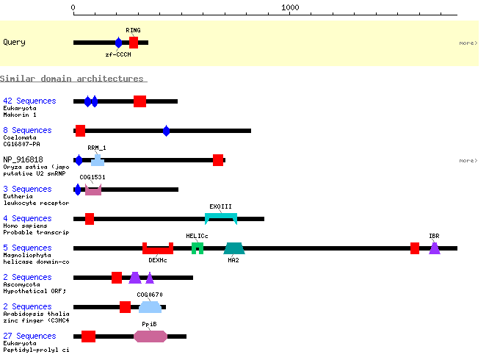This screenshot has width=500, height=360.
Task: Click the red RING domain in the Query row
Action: (134, 43)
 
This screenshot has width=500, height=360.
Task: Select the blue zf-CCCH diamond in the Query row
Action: (118, 43)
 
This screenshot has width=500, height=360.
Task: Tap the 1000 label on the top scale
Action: (290, 7)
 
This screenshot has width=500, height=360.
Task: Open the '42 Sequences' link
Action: (29, 101)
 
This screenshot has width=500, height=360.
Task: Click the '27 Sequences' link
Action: (29, 336)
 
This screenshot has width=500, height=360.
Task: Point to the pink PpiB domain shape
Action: (151, 336)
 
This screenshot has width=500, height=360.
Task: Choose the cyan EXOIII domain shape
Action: (221, 217)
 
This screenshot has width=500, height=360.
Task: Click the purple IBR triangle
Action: (435, 249)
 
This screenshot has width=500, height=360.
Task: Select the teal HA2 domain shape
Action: (234, 248)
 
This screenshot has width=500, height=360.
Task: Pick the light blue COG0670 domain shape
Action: (151, 307)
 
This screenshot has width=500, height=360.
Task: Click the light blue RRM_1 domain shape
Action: (98, 161)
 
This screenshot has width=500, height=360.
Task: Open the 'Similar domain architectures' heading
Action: (73, 79)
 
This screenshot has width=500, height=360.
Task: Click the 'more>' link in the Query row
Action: (468, 43)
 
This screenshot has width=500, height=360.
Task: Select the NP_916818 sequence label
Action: (23, 159)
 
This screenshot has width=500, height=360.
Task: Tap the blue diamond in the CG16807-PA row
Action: (166, 131)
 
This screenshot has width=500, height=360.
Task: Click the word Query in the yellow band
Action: (14, 43)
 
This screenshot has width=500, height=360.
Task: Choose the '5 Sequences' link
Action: (27, 248)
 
